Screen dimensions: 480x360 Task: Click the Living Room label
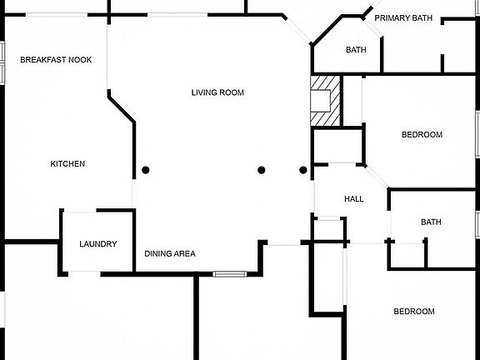(217, 92)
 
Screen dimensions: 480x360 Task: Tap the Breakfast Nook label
(56, 60)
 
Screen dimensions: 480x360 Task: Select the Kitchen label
(67, 164)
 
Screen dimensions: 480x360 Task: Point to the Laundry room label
(98, 244)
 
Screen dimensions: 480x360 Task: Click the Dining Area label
(170, 254)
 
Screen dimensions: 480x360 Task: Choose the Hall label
(354, 199)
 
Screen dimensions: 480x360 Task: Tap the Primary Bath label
(403, 18)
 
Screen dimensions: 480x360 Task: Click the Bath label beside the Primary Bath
(356, 50)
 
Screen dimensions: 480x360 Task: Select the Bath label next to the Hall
(431, 222)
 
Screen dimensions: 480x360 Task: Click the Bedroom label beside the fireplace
(422, 135)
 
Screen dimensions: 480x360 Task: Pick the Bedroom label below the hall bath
(414, 312)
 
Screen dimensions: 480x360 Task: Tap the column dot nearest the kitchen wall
(146, 170)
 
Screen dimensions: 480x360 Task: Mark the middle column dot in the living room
(261, 170)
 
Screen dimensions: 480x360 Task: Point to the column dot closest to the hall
(303, 170)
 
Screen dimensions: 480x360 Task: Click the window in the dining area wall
(230, 274)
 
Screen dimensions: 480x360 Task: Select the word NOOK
(80, 60)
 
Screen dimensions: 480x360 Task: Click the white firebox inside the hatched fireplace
(321, 101)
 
